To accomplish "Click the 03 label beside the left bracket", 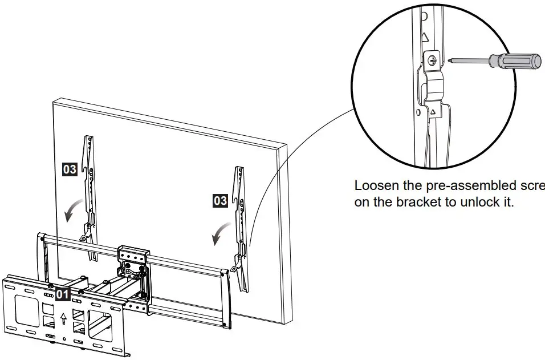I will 70,169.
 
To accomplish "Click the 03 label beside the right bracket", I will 220,200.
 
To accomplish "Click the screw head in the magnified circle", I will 433,59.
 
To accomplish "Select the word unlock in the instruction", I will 478,202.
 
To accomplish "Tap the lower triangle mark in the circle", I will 433,112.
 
